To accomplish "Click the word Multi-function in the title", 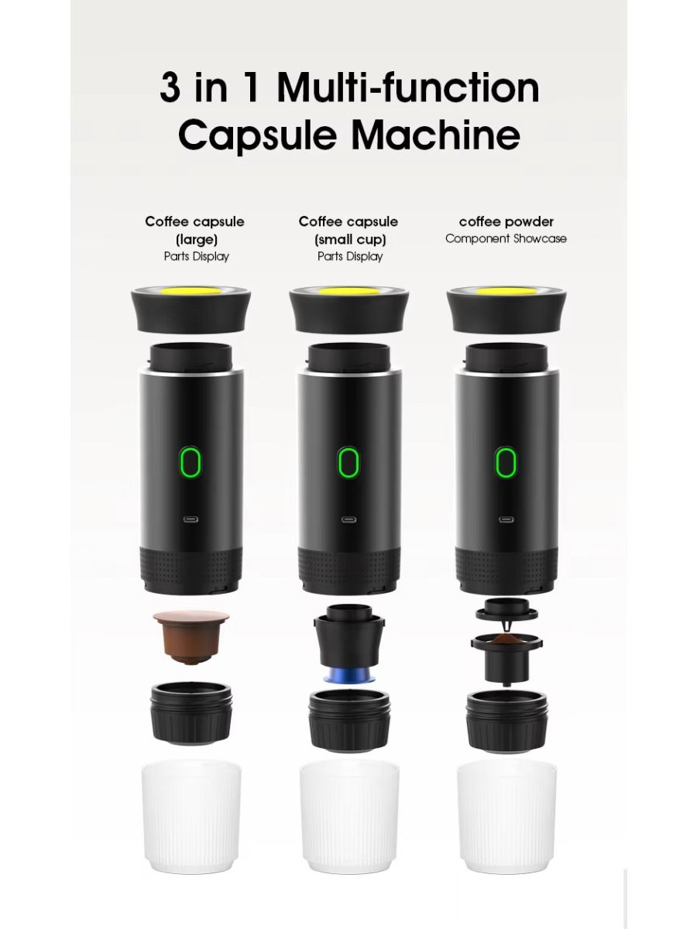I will click(408, 87).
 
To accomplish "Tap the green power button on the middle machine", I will click(348, 463).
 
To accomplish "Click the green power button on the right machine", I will click(506, 463).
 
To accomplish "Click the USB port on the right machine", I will click(506, 519).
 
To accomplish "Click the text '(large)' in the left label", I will click(195, 239).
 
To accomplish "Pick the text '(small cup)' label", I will click(350, 239).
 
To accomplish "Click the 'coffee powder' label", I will click(506, 222).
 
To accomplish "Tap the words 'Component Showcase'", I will click(506, 239).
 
